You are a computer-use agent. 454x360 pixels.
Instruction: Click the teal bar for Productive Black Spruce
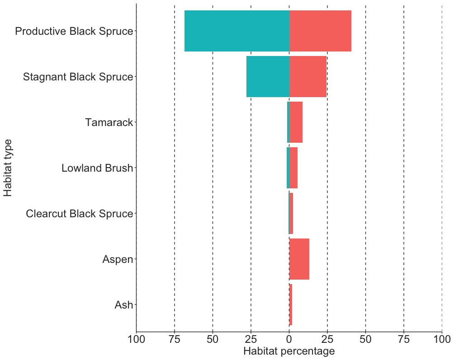click(236, 31)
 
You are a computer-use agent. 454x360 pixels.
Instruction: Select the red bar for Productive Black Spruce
click(320, 31)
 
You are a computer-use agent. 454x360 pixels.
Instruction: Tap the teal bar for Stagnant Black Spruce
click(268, 76)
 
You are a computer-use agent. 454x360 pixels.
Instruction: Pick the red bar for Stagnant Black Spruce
click(308, 76)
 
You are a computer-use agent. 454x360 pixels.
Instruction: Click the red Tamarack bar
click(296, 122)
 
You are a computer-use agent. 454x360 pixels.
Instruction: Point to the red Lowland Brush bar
click(293, 168)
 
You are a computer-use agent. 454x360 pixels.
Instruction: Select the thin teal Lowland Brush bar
click(288, 168)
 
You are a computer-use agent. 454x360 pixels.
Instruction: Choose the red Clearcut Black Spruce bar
click(291, 214)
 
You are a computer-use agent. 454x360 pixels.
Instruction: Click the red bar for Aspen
click(299, 259)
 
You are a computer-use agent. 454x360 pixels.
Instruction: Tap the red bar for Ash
click(291, 305)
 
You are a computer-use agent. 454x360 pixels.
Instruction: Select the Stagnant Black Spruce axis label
click(78, 77)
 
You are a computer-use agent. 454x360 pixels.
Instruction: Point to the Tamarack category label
click(109, 122)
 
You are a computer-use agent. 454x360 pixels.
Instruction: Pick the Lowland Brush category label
click(97, 168)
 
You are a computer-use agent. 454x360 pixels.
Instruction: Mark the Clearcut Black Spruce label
click(80, 214)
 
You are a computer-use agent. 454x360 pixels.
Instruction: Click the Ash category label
click(124, 305)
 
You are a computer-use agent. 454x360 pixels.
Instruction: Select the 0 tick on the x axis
click(289, 339)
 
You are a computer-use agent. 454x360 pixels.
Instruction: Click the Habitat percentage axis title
click(289, 351)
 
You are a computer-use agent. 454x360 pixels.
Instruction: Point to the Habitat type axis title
click(8, 168)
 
